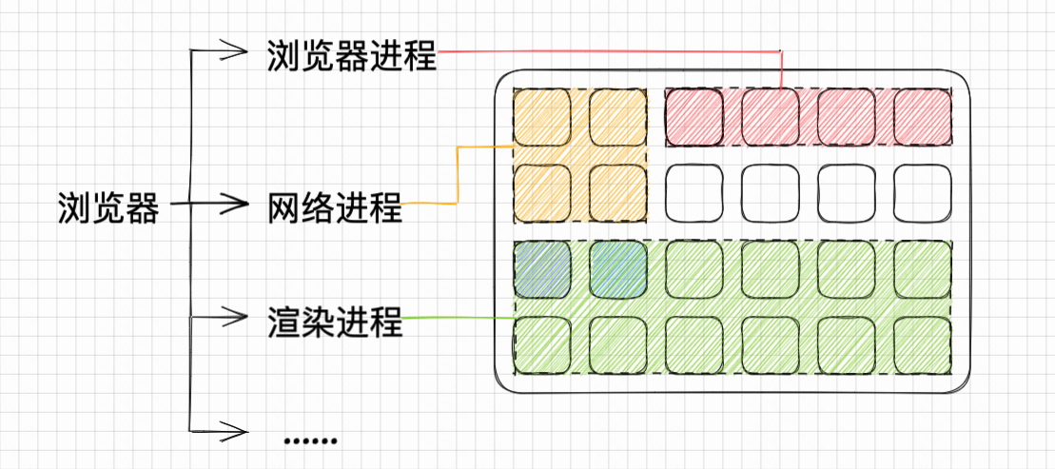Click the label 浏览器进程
tap(351, 55)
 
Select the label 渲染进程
tap(335, 322)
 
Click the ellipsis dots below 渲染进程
tap(311, 440)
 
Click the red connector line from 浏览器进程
tap(609, 51)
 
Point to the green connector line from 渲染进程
tap(457, 318)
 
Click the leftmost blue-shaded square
tap(542, 269)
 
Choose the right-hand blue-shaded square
tap(618, 269)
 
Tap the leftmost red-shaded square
tap(694, 117)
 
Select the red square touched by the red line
tap(771, 117)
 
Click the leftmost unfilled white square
tap(694, 193)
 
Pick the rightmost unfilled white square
tap(923, 193)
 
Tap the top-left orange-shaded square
tap(542, 117)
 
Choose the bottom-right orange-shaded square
tap(618, 193)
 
